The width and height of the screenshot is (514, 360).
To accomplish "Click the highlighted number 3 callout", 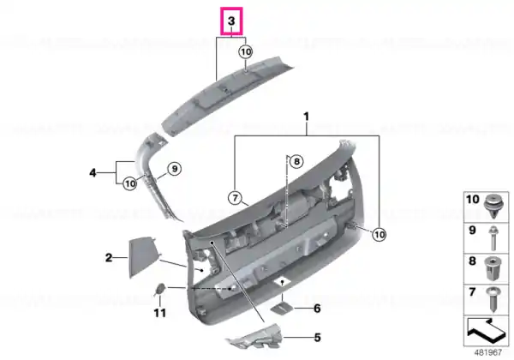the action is (231, 21).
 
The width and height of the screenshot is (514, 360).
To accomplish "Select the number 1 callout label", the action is (306, 117).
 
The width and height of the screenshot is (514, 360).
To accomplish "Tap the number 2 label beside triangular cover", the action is (109, 258).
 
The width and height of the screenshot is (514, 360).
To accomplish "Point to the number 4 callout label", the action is (93, 172).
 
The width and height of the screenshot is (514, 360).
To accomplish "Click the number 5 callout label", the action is (317, 338).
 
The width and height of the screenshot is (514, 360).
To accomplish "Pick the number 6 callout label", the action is (317, 309).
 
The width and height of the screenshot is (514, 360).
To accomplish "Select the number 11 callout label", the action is (160, 313).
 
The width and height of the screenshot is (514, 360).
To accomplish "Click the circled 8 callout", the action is (296, 161).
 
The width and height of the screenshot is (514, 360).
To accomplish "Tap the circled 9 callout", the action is (175, 169).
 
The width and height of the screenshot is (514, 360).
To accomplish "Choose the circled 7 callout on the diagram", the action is (235, 198).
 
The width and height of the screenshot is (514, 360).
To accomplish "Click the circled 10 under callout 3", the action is (246, 51).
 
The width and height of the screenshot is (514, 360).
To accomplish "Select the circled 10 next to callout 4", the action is (130, 183).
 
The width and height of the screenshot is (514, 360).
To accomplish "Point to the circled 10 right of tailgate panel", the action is (379, 234).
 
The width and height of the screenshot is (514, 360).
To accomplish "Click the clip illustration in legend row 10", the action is (493, 206).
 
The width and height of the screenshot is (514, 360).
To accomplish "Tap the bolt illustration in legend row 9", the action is (493, 238).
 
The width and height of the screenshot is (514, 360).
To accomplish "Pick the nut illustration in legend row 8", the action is (493, 269).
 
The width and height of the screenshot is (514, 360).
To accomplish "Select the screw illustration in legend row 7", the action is (493, 298).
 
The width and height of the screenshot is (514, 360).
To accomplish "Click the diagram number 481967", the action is (487, 352).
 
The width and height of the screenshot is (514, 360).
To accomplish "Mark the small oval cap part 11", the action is (160, 289).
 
